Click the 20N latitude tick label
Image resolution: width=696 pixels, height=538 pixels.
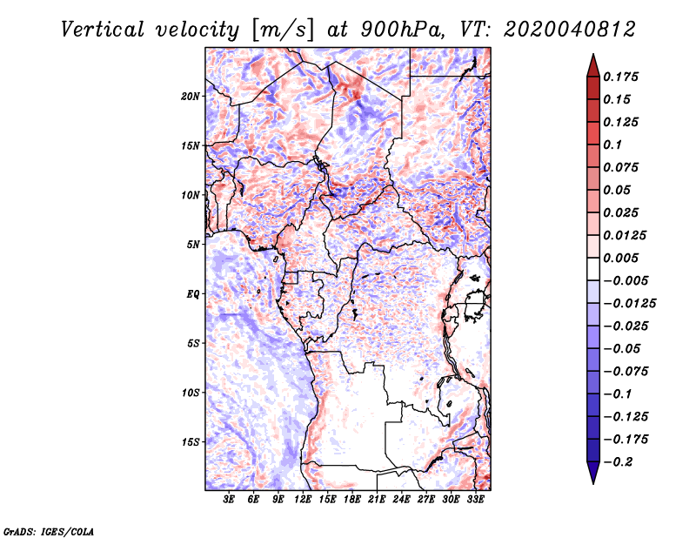pos(191,96)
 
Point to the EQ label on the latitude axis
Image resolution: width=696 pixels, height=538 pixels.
pos(193,293)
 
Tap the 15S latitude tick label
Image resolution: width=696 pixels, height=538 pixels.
pos(191,441)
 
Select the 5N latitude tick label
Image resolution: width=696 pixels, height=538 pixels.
pos(193,244)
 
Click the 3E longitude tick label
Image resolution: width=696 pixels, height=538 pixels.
pos(230,501)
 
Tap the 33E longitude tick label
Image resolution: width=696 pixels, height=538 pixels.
pos(476,501)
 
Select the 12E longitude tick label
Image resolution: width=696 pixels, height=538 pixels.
pos(304,501)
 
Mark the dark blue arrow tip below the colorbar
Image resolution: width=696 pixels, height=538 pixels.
pos(592,475)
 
